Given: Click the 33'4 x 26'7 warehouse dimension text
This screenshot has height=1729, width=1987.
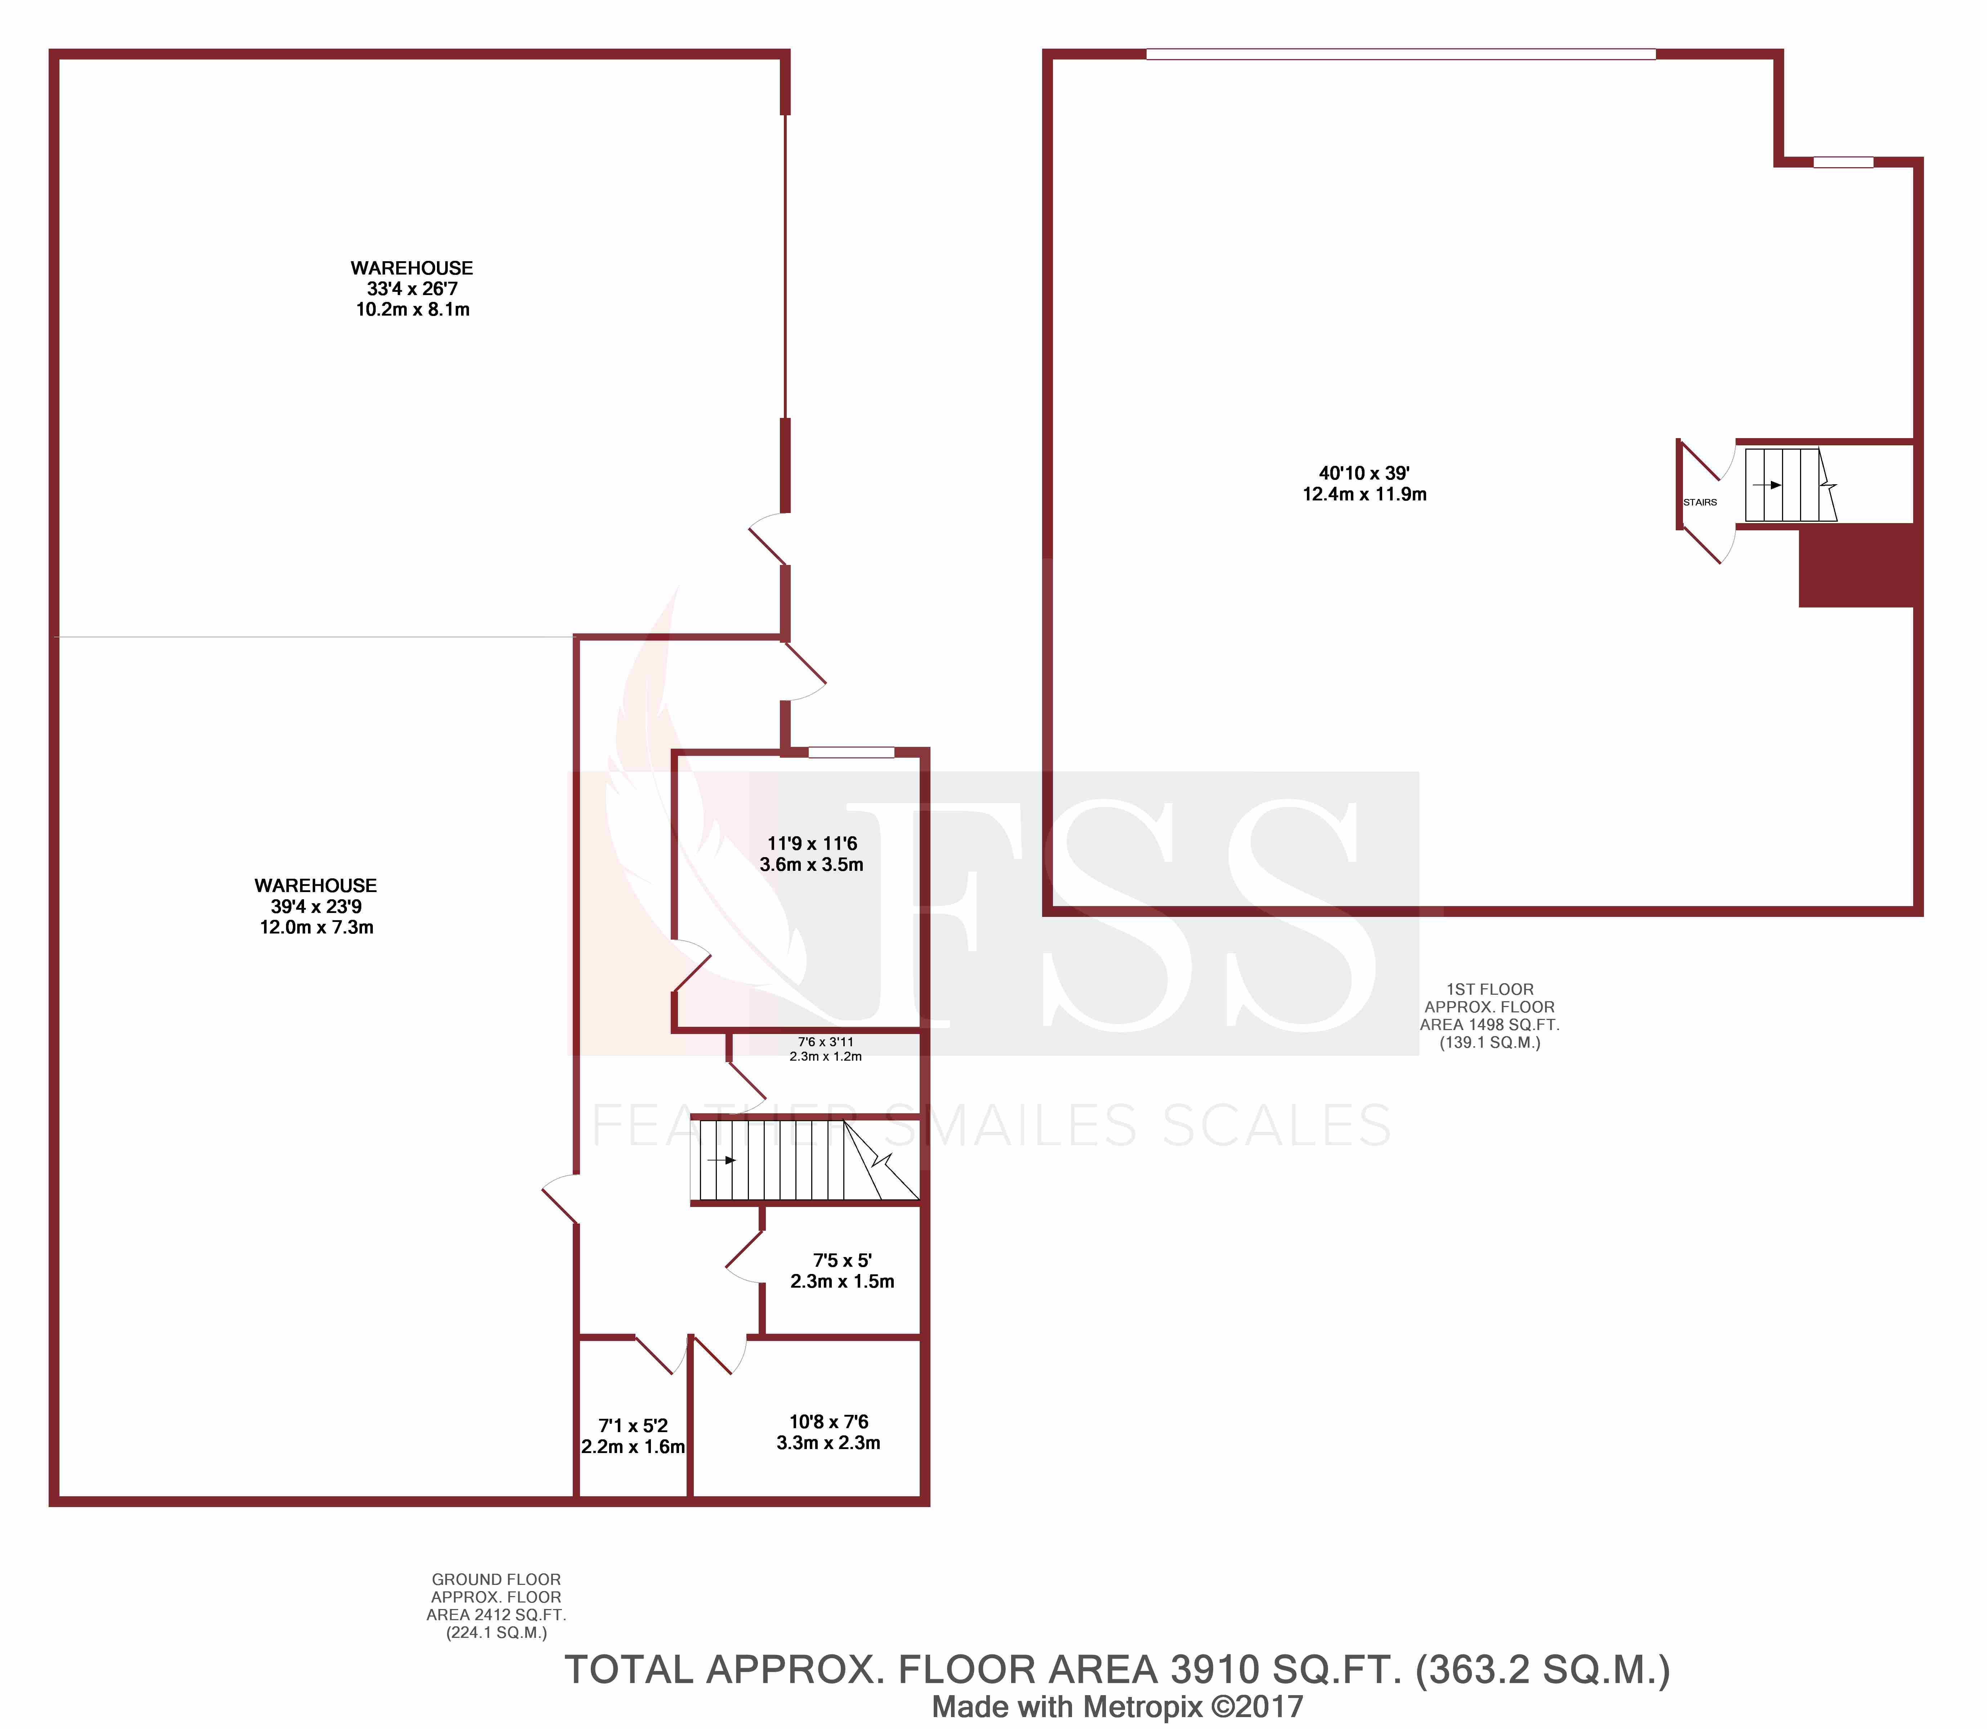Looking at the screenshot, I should coord(412,289).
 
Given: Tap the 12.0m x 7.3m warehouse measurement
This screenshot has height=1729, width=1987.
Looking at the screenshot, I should coord(316,927).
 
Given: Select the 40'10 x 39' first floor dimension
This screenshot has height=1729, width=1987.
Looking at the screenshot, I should coord(1364,474).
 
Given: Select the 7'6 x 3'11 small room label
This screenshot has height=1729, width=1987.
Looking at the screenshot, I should coord(826,1042).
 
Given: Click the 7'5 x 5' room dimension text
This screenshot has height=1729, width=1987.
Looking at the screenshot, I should coord(842,1260).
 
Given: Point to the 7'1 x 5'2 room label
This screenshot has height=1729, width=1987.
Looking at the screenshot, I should coord(633,1425).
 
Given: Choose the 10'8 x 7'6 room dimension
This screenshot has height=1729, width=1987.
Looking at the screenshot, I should coord(829,1421).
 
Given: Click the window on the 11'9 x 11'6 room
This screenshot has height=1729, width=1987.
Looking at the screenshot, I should coord(851,752).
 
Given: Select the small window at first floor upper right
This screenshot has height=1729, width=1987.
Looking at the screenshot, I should coord(1842,162).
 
